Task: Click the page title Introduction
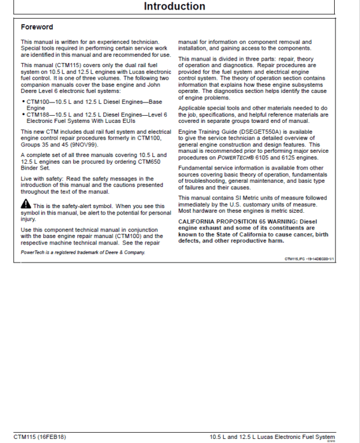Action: coord(179,7)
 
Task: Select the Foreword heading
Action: coord(37,27)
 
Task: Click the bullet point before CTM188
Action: coord(22,114)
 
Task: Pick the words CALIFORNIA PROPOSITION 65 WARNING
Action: coord(242,221)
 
